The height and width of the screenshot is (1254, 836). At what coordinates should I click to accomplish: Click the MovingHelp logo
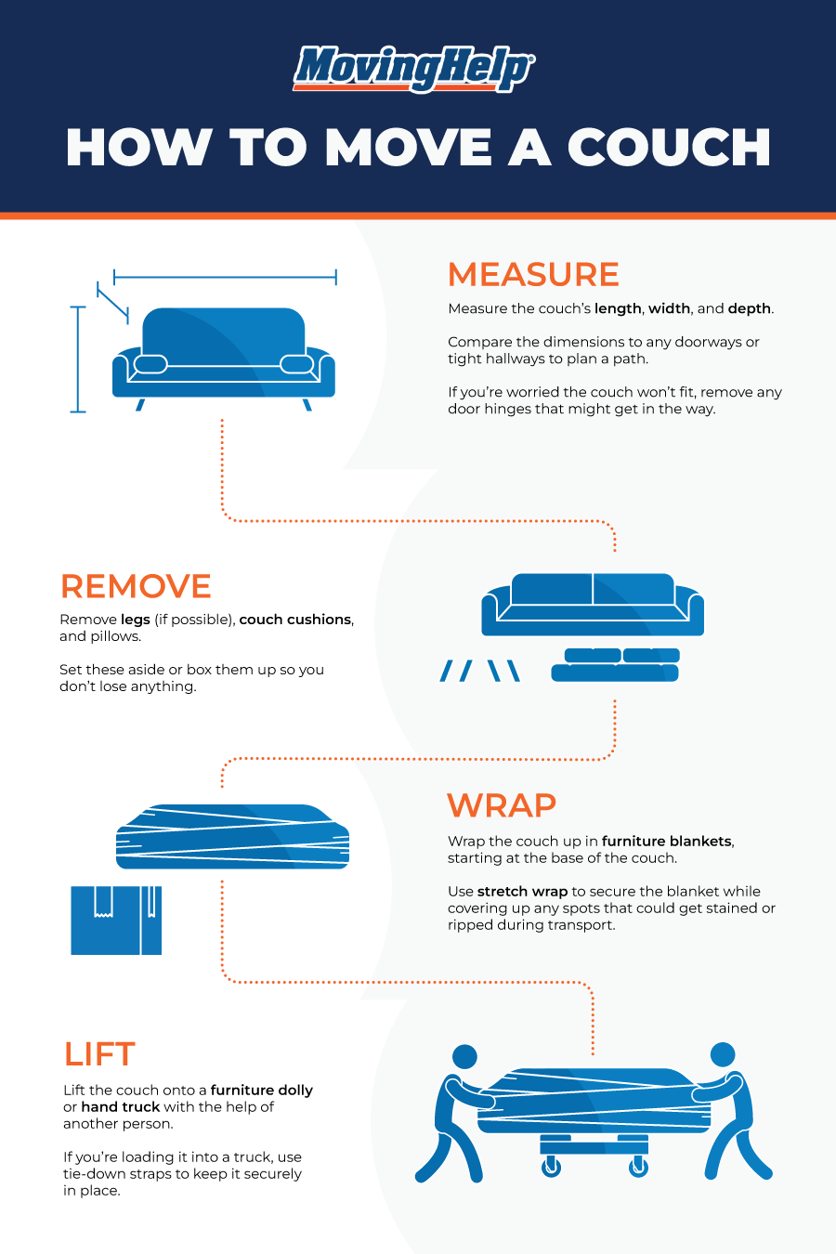point(413,69)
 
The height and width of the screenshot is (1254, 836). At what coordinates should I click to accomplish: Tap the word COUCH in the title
point(669,148)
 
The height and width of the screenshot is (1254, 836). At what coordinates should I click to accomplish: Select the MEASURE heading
point(533,274)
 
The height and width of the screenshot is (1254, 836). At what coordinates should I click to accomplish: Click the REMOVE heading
point(136,586)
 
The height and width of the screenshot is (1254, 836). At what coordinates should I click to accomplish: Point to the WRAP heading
point(502,805)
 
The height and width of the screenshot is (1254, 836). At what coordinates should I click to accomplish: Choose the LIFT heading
point(99,1054)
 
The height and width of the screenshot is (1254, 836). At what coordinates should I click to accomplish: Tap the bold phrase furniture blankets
point(667,841)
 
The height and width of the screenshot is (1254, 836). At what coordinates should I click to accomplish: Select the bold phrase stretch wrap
point(522,891)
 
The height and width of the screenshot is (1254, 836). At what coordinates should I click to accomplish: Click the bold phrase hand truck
point(121,1106)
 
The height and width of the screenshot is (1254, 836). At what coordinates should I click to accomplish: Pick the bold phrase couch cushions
point(295,620)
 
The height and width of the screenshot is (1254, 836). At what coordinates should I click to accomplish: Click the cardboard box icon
point(116,921)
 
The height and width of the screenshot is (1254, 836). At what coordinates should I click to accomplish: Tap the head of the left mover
point(464,1056)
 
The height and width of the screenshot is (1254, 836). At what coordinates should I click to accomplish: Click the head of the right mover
point(723,1054)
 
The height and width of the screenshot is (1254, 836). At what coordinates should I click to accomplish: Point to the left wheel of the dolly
point(551,1167)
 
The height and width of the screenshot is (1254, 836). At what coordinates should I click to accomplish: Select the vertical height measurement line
point(78,359)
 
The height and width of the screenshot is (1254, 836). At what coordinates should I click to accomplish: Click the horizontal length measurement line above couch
point(225,277)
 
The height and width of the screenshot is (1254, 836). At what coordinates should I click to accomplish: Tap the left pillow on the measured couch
point(150,364)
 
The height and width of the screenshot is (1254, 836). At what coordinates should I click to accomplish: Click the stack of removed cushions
point(615,664)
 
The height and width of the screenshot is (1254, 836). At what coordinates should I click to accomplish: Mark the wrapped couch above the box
point(232,836)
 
